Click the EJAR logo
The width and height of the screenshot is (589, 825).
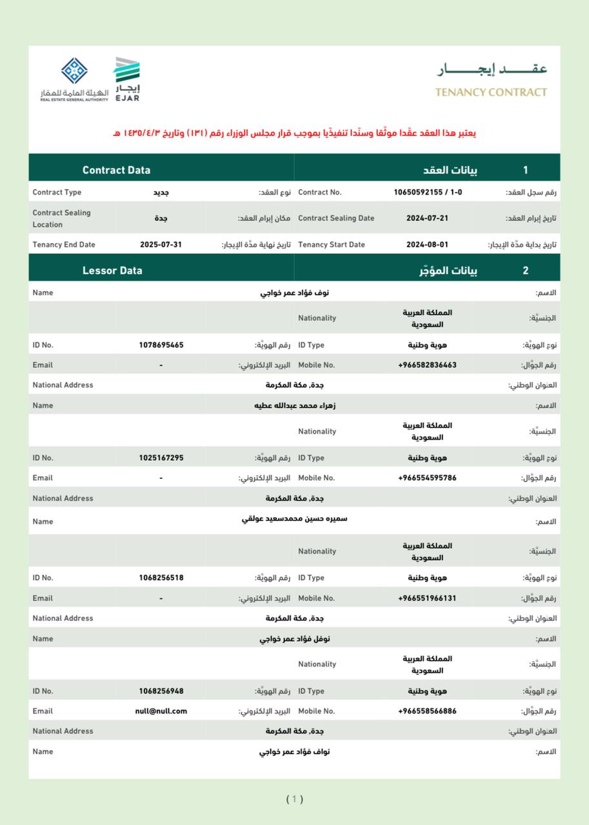pos(127,79)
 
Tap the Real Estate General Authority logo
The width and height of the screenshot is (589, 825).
pos(74,80)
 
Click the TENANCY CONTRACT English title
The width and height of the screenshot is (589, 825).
pos(490,92)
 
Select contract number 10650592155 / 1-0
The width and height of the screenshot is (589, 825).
pos(428,192)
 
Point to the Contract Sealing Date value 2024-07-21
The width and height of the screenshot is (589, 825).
pos(427,218)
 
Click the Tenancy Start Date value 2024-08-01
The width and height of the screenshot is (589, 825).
pos(427,245)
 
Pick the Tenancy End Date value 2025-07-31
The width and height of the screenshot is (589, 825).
pos(161,245)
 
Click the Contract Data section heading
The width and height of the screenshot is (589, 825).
pos(116,170)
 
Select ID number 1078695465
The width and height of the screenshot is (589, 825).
pos(161,345)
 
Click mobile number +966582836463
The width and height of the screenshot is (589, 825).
pos(427,365)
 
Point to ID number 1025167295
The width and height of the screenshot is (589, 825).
pos(161,458)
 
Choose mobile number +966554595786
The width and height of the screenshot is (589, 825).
pos(427,478)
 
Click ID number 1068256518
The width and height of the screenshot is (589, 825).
pos(161,577)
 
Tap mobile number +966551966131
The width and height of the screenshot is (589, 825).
pos(427,598)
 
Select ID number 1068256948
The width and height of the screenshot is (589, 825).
pos(161,691)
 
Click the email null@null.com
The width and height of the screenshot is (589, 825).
pos(161,711)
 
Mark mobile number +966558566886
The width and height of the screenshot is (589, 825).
pos(427,711)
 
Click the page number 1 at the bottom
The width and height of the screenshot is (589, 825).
pos(294,799)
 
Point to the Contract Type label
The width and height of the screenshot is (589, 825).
pos(57,192)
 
